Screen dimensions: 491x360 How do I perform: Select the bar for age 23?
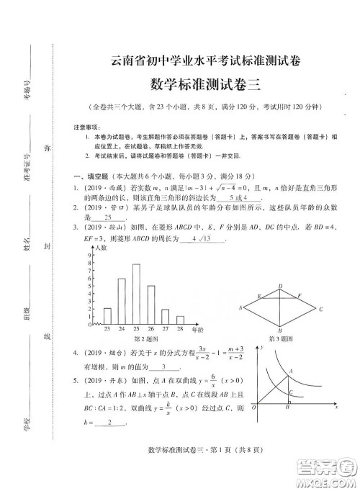107,316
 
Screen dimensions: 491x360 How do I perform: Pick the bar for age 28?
179,320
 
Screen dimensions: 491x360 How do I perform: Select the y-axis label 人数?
102,247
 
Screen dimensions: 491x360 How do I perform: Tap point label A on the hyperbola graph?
291,370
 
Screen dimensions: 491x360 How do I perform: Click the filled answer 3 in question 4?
164,366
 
